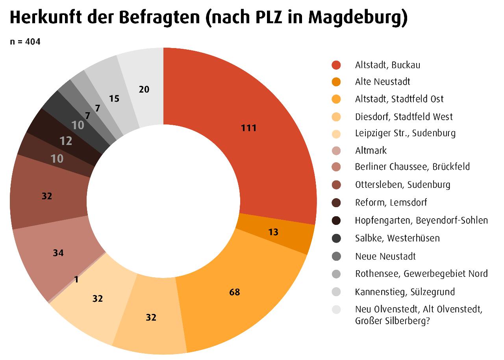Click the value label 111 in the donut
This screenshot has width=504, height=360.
coord(249,128)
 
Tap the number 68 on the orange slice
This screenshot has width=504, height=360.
coord(234,292)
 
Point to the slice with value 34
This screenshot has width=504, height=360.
coord(58,253)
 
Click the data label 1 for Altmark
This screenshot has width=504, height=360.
coord(76,279)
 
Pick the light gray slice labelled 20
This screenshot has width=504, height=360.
coord(144,89)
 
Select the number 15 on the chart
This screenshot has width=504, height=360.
coord(114,98)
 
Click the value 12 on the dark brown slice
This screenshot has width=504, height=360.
coord(66,141)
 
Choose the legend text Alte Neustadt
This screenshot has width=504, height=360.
coord(382,82)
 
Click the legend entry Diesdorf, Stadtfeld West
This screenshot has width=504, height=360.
coord(404,117)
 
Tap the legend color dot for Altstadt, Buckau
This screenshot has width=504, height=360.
coord(336,65)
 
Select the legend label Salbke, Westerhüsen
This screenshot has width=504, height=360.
coord(397,238)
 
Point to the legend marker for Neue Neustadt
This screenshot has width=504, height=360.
coord(336,256)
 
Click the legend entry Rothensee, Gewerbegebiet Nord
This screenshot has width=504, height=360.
coord(421,273)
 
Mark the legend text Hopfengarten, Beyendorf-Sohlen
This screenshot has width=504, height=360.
coord(421,220)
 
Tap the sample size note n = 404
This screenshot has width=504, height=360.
coord(25,41)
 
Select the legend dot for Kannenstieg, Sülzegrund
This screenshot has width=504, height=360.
coord(336,292)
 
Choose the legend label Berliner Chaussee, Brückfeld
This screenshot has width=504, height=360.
coord(412,167)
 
